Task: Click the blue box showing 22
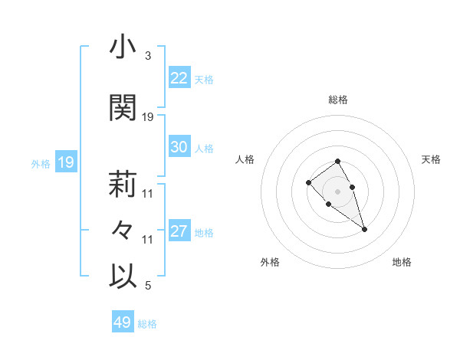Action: (x=179, y=78)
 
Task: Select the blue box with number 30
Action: (x=179, y=148)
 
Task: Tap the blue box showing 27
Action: (x=179, y=232)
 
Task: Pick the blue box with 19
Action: (x=65, y=162)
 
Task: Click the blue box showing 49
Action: (x=123, y=322)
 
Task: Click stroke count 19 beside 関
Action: (x=148, y=116)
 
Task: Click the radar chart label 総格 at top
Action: (x=338, y=100)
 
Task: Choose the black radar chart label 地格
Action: (x=402, y=262)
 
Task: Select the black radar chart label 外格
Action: (x=270, y=262)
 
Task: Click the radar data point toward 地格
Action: (x=364, y=229)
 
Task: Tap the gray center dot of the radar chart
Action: (x=337, y=191)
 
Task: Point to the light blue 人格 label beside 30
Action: (x=204, y=149)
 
